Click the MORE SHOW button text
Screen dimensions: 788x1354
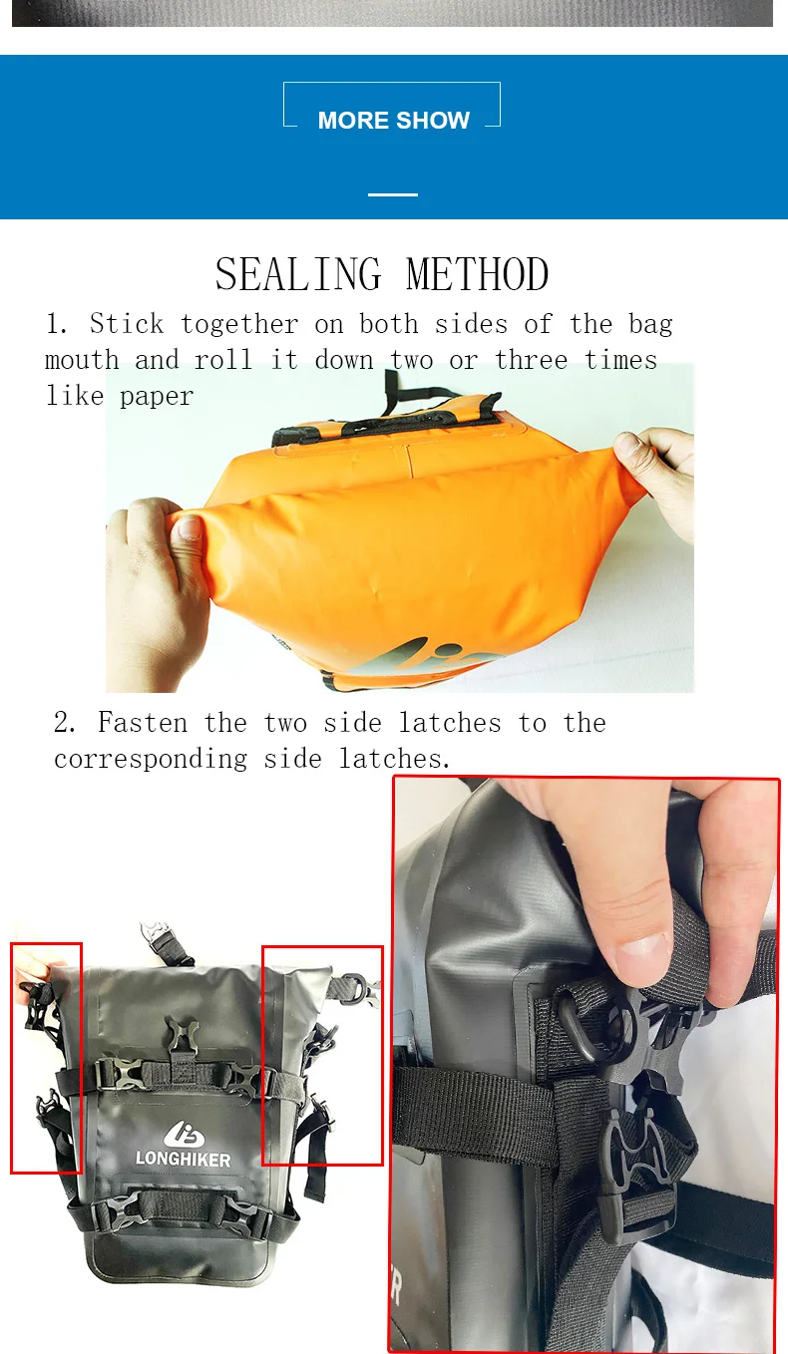394,121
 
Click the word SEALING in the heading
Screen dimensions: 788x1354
299,274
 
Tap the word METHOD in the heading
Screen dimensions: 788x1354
477,274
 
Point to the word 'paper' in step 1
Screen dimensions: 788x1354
157,397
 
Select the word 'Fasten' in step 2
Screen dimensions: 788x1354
142,723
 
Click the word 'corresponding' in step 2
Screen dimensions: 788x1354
151,759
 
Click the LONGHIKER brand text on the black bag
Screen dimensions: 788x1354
184,1159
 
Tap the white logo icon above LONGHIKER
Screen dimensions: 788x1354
184,1134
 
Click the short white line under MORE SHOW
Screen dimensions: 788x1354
393,194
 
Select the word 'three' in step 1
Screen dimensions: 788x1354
532,360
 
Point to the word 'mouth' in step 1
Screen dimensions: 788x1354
82,360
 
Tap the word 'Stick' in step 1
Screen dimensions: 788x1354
127,324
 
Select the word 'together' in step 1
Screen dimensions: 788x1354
239,325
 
